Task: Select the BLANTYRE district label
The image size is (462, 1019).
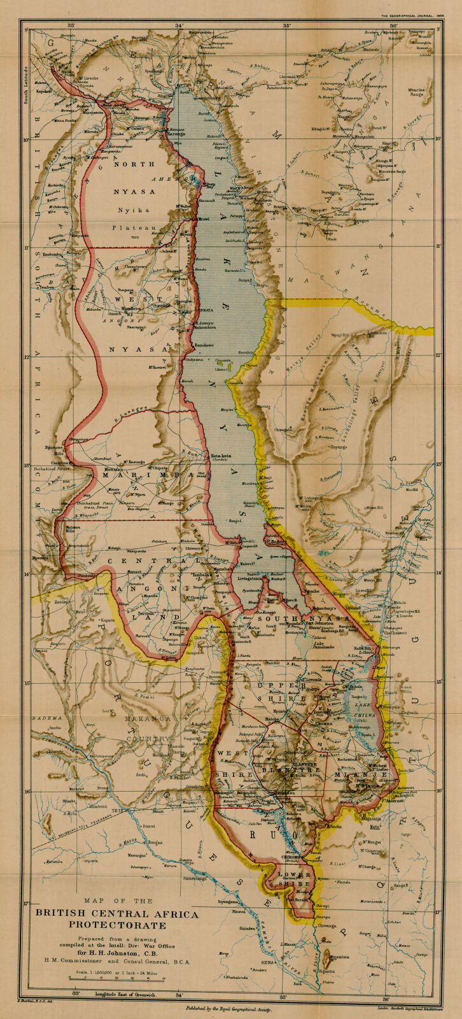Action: [295, 769]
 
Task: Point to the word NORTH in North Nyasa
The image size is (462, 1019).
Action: [133, 164]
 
